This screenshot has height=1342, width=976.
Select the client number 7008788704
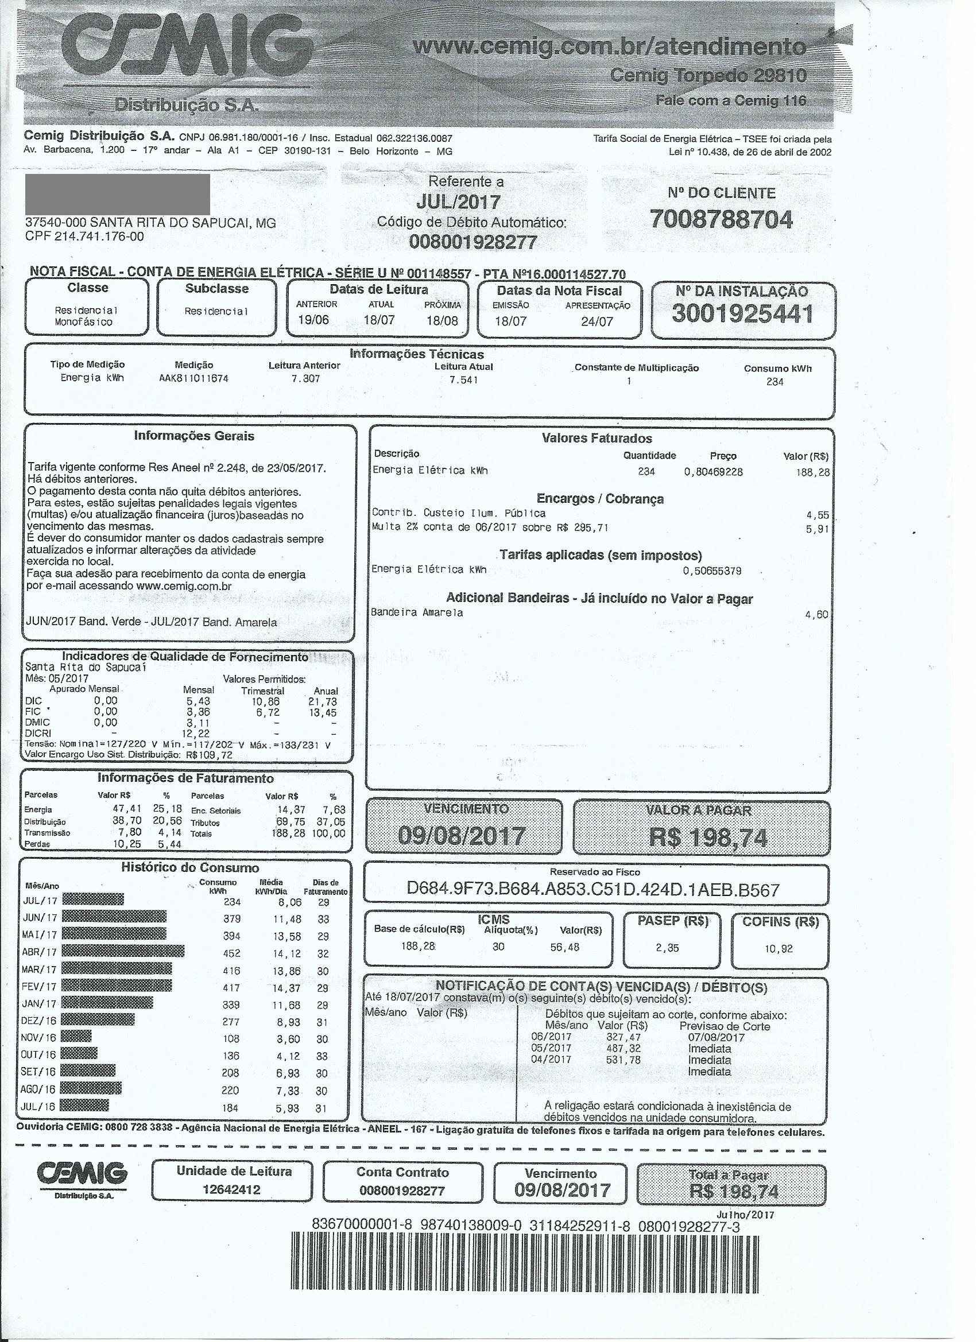pos(721,219)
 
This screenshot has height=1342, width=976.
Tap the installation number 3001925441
pos(742,314)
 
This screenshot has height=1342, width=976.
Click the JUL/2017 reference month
pos(458,202)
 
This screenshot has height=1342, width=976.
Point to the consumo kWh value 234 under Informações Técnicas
pos(774,382)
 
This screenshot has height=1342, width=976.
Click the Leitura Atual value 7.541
pos(463,379)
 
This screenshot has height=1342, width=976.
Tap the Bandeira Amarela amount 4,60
pos(816,614)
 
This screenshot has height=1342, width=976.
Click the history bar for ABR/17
pos(122,952)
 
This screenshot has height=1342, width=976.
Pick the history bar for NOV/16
pos(76,1035)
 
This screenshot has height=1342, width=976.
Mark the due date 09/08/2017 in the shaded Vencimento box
pos(462,836)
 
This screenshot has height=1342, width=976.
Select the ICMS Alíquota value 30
pos(498,947)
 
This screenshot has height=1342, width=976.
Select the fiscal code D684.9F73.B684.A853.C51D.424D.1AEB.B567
pos(593,889)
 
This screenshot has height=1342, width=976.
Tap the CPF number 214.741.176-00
pos(99,236)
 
